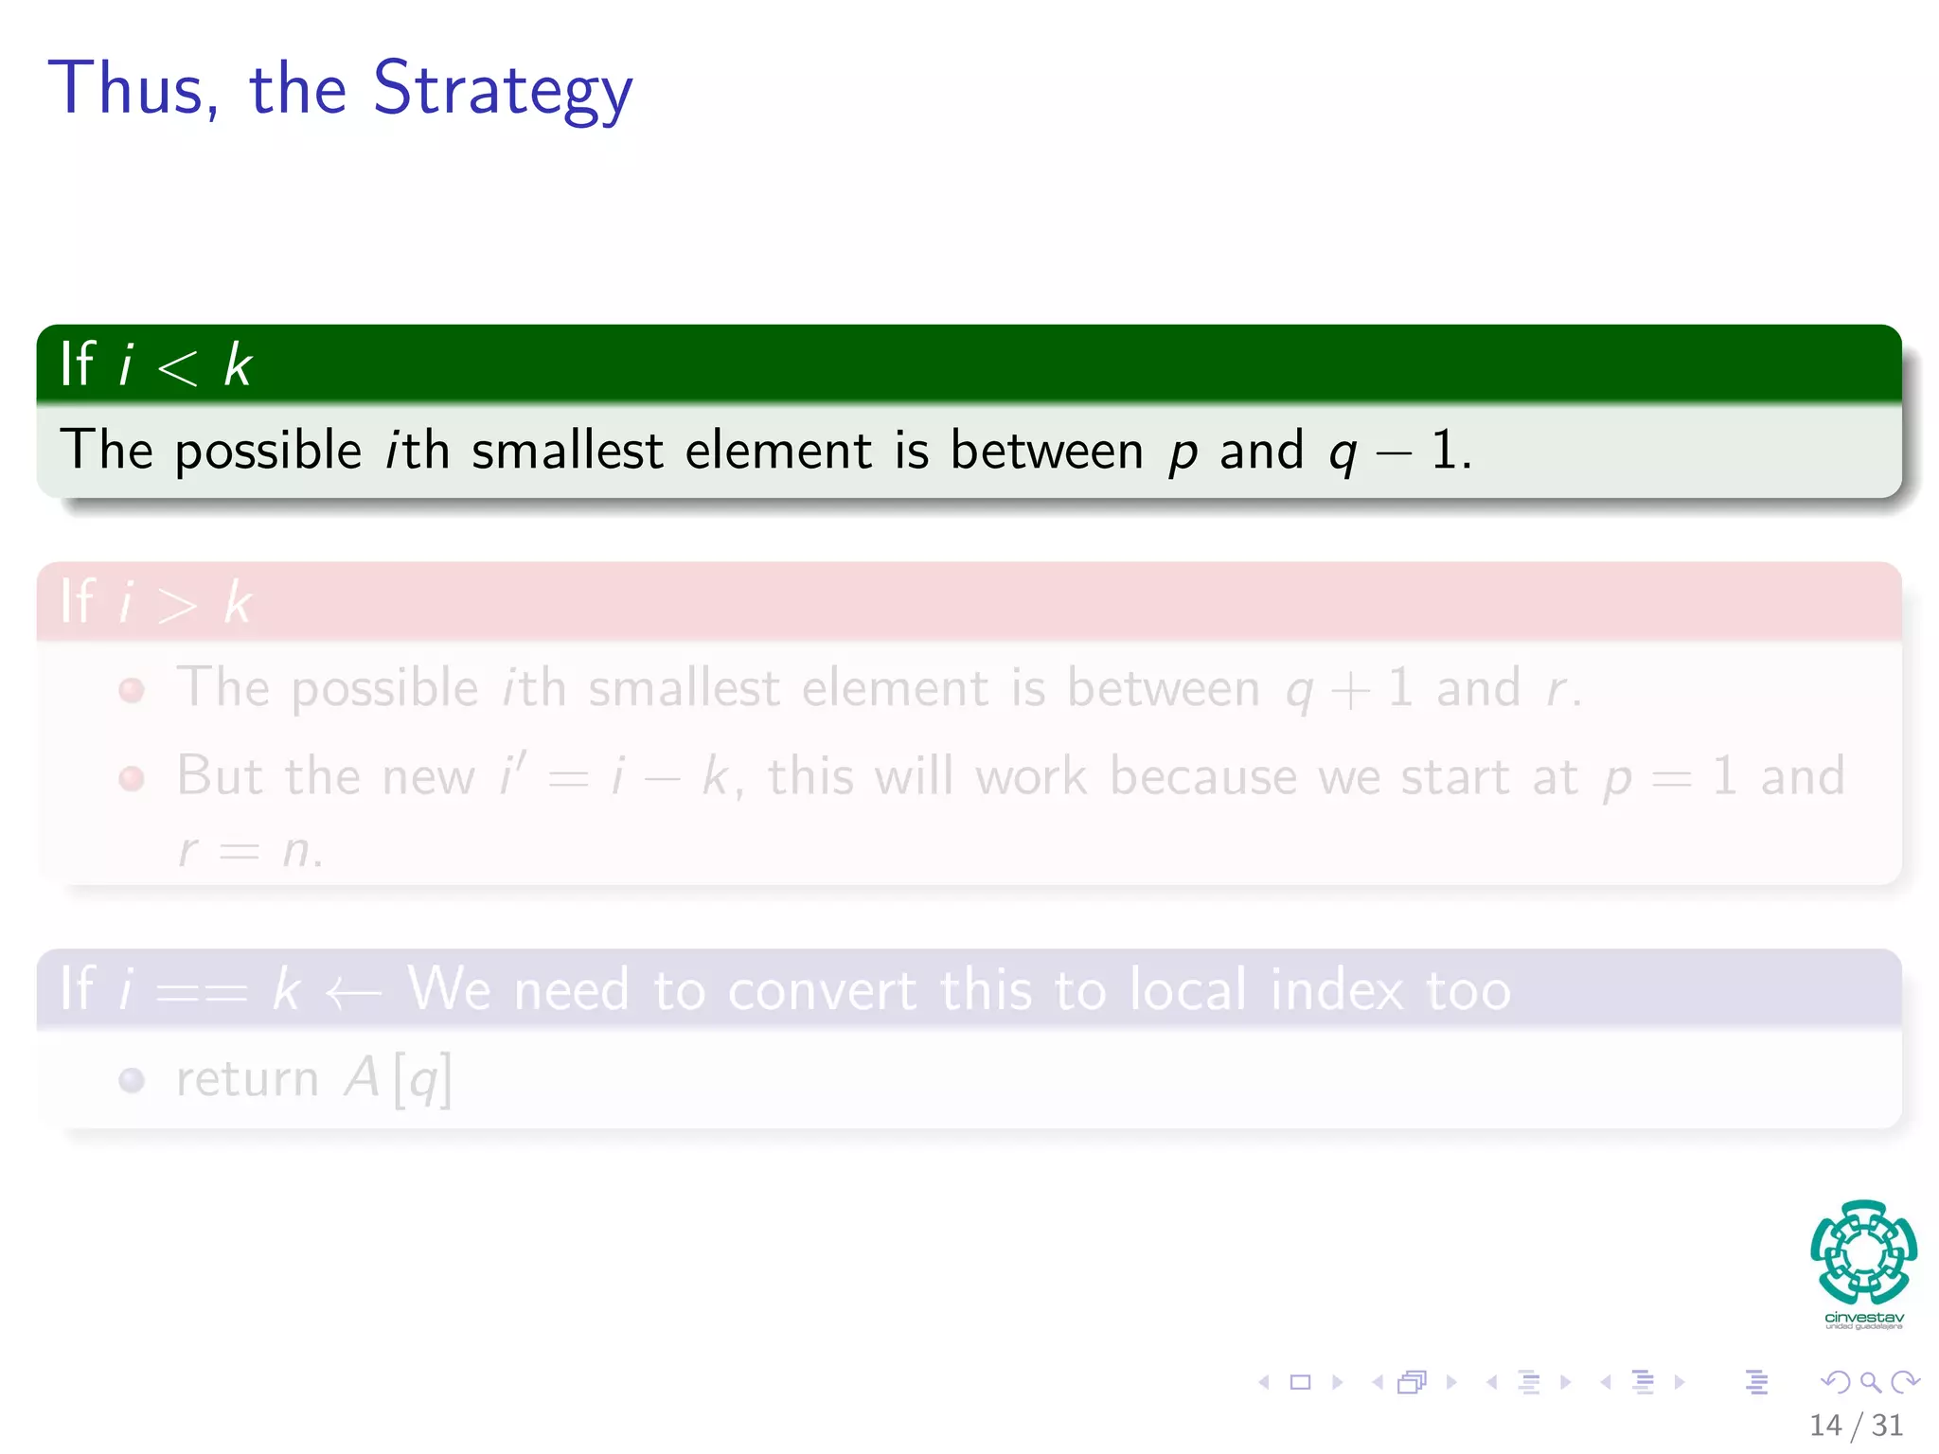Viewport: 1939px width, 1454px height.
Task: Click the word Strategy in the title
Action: [502, 90]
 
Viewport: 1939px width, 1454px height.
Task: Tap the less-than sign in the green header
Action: [177, 366]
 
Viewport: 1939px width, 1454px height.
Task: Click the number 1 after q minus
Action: [1443, 450]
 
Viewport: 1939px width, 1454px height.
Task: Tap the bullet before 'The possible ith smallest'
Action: [132, 689]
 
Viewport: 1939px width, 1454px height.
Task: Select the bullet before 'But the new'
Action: [132, 778]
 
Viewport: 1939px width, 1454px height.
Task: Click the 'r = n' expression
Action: [251, 849]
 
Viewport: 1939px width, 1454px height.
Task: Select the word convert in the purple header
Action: [822, 991]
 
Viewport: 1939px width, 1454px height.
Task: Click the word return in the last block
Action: [247, 1079]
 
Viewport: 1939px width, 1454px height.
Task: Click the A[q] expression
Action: [398, 1079]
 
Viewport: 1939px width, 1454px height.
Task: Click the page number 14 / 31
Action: [1856, 1425]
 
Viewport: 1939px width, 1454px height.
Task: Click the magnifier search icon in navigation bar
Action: [1870, 1382]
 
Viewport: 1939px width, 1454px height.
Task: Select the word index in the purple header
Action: [1336, 991]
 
